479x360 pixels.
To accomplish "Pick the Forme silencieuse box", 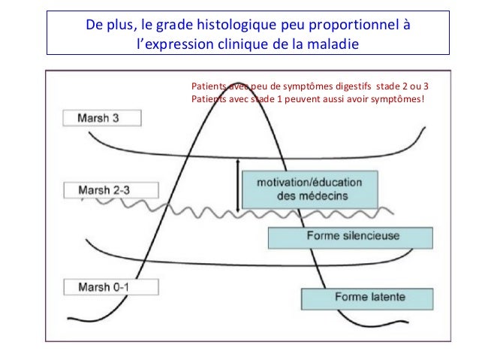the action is point(364,237).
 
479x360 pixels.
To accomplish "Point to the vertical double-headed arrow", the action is point(237,184).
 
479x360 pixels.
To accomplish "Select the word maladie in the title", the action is point(333,43).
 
